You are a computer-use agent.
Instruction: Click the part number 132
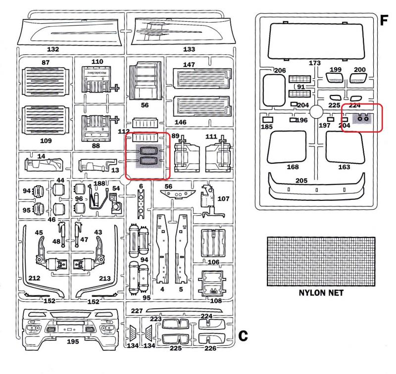[x=52, y=49]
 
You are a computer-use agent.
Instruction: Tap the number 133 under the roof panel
[x=189, y=49]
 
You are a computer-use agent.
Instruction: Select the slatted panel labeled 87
[x=45, y=81]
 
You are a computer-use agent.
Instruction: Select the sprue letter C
[x=243, y=336]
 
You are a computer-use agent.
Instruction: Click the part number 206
[x=280, y=71]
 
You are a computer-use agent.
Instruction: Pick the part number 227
[x=137, y=310]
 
